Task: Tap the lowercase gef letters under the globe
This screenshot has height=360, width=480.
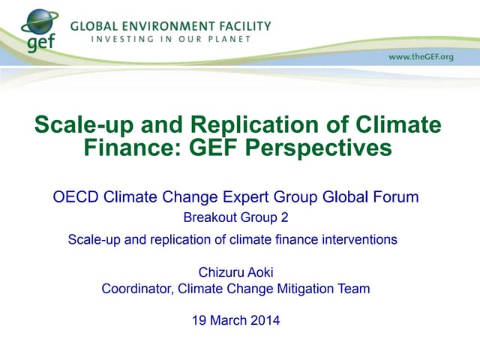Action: pyautogui.click(x=41, y=43)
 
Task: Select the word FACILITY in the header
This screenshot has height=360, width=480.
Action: pyautogui.click(x=241, y=25)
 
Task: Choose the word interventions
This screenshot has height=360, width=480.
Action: pyautogui.click(x=358, y=240)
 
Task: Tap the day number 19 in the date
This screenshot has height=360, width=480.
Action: pyautogui.click(x=199, y=320)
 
